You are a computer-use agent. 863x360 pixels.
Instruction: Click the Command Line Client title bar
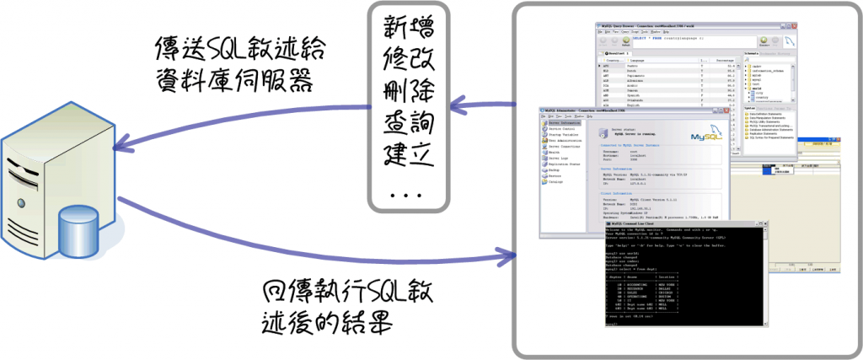[x=665, y=223]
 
